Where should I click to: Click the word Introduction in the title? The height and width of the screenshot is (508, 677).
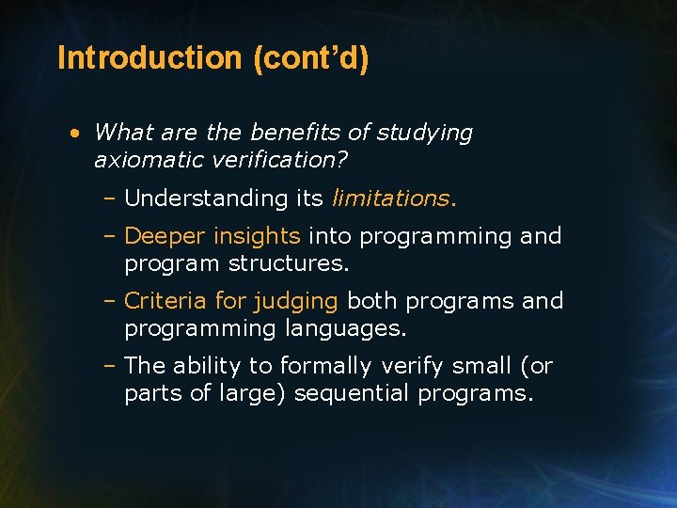click(x=150, y=58)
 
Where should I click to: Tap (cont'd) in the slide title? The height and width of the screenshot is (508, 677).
click(x=310, y=58)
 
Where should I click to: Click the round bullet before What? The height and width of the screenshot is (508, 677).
click(x=75, y=134)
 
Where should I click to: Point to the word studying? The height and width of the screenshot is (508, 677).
click(x=425, y=134)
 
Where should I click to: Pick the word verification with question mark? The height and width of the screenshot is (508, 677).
click(x=286, y=161)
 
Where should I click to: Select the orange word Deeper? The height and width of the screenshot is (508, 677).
click(x=165, y=236)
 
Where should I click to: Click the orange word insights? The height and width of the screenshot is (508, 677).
click(x=257, y=236)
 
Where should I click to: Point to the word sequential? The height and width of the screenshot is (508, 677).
click(x=353, y=393)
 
